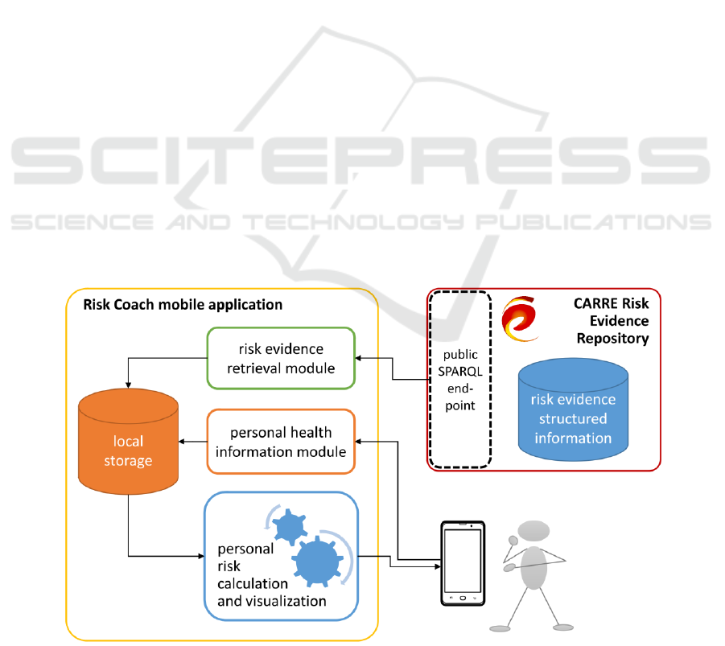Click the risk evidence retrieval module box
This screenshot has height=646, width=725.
[281, 358]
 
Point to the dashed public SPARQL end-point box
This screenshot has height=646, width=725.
[460, 378]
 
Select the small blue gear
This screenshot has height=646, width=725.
[288, 529]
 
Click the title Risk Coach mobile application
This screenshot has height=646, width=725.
[183, 305]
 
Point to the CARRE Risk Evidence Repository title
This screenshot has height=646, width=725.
[612, 321]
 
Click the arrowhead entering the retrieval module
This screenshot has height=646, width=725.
[360, 358]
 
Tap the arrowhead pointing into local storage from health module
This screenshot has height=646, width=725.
[183, 441]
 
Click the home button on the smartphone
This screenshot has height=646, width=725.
[463, 599]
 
